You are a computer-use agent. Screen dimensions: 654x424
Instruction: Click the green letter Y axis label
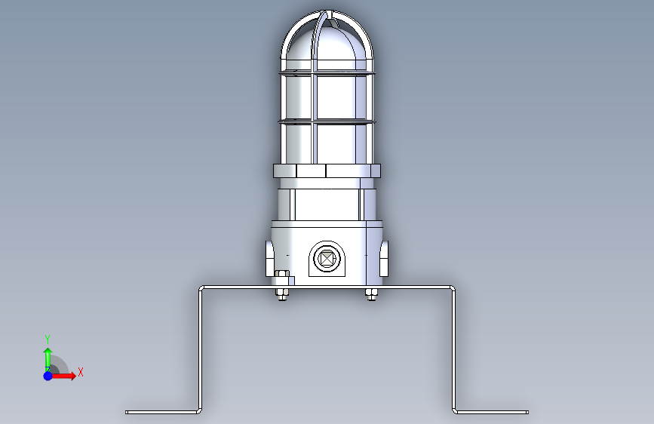(48, 339)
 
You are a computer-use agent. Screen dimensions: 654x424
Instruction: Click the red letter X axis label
(81, 372)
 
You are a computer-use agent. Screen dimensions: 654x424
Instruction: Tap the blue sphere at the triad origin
(48, 376)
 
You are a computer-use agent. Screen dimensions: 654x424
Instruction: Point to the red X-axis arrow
(63, 376)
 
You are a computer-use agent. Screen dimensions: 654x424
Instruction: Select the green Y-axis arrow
(48, 359)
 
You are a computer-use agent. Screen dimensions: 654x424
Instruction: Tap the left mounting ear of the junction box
(270, 258)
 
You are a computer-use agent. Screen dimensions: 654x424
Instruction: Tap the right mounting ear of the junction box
(384, 258)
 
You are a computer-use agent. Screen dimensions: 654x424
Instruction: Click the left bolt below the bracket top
(282, 293)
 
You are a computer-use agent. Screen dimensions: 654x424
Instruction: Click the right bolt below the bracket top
(371, 293)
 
